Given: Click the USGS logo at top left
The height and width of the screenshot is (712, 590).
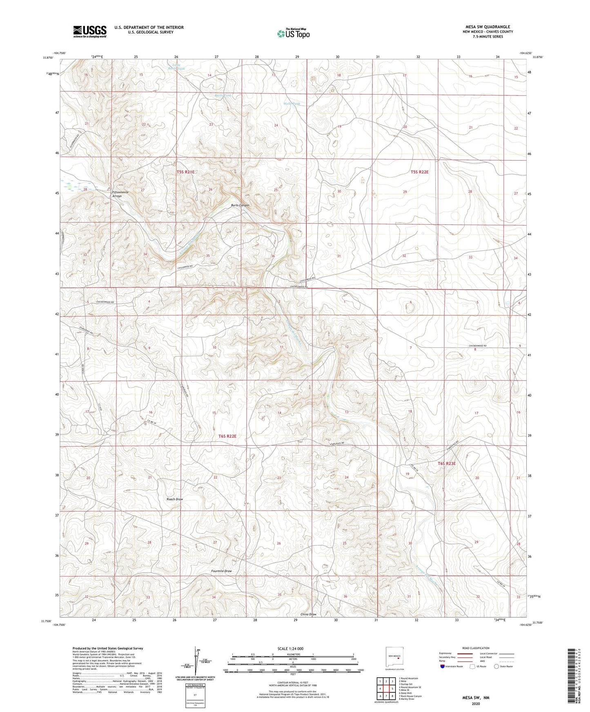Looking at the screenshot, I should [x=90, y=31].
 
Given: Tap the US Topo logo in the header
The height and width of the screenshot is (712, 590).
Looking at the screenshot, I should [x=293, y=33].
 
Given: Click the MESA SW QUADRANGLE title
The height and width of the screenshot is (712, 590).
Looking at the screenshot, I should [x=488, y=27].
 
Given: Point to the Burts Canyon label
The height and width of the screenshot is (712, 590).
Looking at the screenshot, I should [x=240, y=205].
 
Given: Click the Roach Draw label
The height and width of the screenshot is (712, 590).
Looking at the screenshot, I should [x=175, y=499].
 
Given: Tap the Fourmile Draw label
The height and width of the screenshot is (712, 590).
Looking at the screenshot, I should [x=221, y=571].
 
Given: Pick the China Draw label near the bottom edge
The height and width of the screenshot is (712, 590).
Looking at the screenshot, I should [x=308, y=614].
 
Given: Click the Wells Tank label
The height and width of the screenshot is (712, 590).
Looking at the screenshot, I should [x=292, y=104].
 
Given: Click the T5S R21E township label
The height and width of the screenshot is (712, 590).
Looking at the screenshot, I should [x=185, y=172].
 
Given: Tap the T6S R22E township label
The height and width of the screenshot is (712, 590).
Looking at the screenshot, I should [x=227, y=436].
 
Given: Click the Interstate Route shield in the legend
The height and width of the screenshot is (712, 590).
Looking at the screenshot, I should [x=443, y=666].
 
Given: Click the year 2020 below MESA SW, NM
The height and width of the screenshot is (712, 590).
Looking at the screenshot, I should [x=475, y=704].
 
